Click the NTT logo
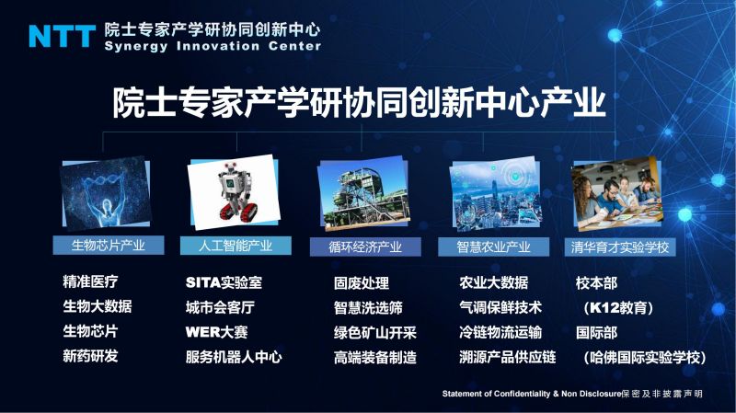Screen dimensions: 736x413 63,36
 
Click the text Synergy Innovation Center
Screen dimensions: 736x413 213,46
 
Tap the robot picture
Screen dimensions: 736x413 234,192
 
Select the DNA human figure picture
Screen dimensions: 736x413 106,194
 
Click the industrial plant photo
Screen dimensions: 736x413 362,193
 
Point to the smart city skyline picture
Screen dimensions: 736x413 495,194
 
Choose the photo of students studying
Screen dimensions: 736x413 616,194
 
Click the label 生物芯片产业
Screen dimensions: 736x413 109,246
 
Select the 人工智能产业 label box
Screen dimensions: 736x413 236,246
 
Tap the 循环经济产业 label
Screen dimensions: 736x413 365,247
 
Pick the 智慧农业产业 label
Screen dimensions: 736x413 493,247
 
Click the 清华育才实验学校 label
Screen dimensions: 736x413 620,247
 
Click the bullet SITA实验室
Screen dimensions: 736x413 224,282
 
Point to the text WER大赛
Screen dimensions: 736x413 216,332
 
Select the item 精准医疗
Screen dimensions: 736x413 90,281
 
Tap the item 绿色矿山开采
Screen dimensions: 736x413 375,333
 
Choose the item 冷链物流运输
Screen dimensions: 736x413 500,332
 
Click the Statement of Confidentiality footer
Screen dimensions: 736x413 572,394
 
